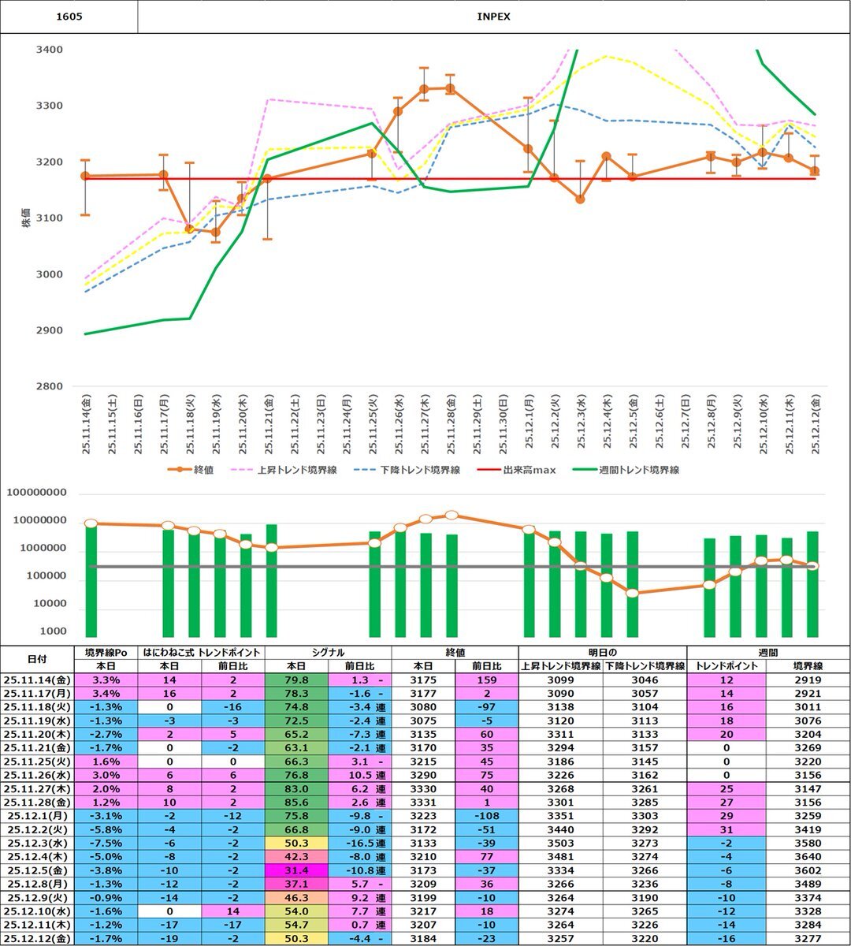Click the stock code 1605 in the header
click(x=69, y=17)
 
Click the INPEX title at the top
click(x=493, y=17)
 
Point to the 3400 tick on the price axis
click(x=50, y=50)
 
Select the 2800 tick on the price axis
click(x=50, y=386)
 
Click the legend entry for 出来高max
click(x=529, y=470)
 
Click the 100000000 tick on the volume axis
click(x=37, y=493)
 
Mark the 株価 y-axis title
click(x=26, y=218)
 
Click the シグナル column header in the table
click(x=328, y=652)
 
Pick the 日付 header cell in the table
click(x=36, y=659)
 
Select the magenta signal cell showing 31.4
click(x=295, y=870)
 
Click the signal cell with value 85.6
click(x=295, y=803)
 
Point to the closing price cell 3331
click(x=423, y=803)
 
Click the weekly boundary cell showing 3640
click(x=808, y=857)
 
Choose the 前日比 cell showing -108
click(x=486, y=816)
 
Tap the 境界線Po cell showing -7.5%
click(x=106, y=844)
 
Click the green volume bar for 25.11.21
click(x=271, y=580)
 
